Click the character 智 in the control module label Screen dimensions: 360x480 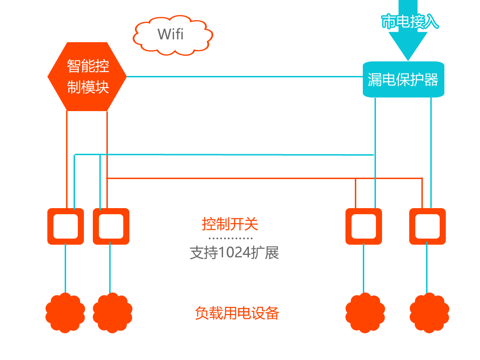coord(74,66)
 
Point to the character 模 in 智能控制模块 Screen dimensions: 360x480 coord(88,87)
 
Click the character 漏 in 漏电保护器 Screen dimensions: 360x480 coord(375,80)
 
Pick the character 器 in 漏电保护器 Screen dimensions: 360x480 coord(431,80)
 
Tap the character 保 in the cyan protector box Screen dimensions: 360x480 coord(403,80)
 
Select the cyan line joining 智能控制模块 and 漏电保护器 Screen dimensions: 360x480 coord(244,76)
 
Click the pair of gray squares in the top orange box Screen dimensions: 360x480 coord(170,34)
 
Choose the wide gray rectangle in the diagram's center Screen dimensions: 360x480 coord(234,253)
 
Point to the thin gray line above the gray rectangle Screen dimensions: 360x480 coord(231,238)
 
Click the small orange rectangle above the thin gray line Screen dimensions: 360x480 coord(230,224)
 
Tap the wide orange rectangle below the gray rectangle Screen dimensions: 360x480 coord(237,313)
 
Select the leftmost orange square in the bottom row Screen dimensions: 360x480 coord(66,313)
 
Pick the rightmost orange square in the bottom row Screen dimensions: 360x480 coord(429,313)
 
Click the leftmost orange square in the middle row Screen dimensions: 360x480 coord(66,226)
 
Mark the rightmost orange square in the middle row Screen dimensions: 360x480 coord(427,226)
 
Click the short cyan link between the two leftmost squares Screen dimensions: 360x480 coord(65,269)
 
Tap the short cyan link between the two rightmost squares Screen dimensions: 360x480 coord(427,269)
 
